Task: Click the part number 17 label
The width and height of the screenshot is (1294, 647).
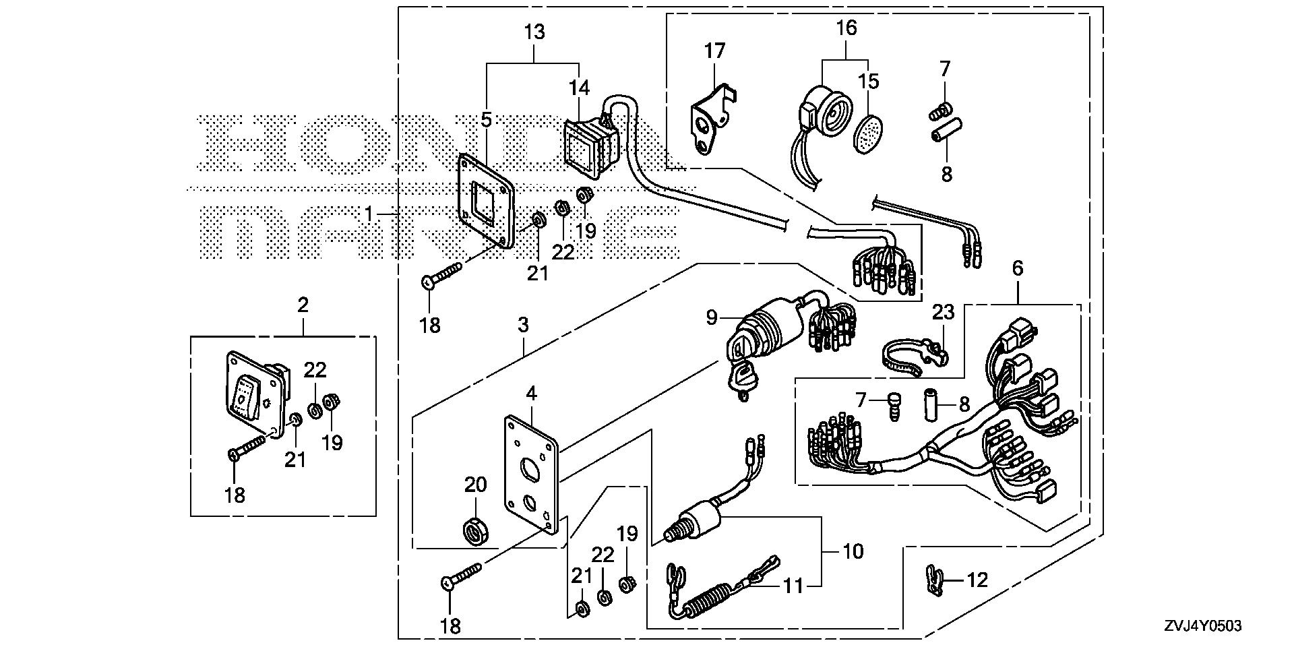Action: point(714,51)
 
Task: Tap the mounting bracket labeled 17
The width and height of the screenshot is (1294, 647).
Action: point(708,115)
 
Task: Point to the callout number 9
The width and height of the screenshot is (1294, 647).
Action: point(712,317)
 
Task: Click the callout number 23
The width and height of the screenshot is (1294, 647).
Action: point(944,312)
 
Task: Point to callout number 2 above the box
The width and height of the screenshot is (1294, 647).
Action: point(303,305)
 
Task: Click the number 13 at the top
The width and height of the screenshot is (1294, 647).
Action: point(534,32)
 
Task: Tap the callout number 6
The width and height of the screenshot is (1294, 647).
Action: point(1017,268)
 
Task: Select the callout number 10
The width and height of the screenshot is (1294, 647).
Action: point(853,551)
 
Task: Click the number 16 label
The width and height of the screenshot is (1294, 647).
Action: point(846,28)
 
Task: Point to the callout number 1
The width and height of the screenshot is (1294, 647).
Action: point(369,214)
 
